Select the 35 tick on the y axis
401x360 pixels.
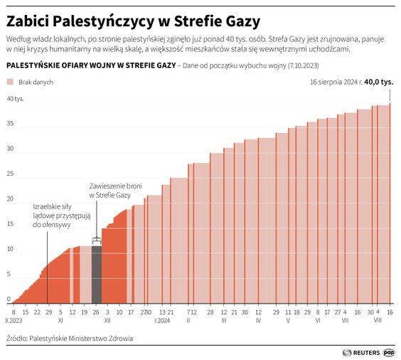point(9,123)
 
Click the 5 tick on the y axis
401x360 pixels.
point(9,274)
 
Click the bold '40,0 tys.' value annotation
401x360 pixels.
point(378,82)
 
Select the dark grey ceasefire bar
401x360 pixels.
point(97,275)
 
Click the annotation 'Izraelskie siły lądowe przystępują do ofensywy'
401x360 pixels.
point(52,216)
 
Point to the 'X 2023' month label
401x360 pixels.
point(14,320)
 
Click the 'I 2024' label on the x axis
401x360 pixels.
point(163,320)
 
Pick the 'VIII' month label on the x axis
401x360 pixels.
point(378,320)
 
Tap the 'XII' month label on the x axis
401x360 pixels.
point(107,320)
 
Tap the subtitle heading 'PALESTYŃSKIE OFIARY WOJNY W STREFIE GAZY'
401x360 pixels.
point(90,65)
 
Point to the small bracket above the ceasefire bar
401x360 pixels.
point(97,243)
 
